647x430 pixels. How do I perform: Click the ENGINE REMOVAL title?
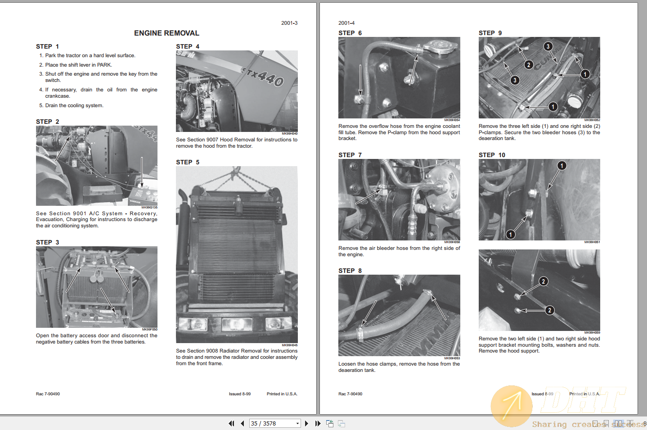[x=166, y=33]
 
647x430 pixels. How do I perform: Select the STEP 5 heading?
[x=187, y=162]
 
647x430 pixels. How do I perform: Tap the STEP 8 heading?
[x=350, y=271]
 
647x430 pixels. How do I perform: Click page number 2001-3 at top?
[x=289, y=23]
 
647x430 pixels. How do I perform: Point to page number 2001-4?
[x=346, y=23]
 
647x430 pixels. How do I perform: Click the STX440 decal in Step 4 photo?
[x=263, y=77]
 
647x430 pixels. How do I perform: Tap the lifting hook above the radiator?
[x=235, y=172]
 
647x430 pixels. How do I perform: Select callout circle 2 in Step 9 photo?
[x=529, y=65]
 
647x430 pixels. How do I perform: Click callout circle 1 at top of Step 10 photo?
[x=562, y=166]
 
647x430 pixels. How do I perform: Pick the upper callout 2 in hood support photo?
[x=544, y=281]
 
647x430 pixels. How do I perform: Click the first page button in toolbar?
[x=231, y=423]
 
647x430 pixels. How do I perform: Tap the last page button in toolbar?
[x=318, y=423]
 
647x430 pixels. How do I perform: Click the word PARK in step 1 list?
[x=104, y=65]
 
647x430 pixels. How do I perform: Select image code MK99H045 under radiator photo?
[x=289, y=345]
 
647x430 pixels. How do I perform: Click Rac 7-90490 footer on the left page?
[x=48, y=394]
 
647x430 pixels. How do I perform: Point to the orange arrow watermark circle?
[x=511, y=405]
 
